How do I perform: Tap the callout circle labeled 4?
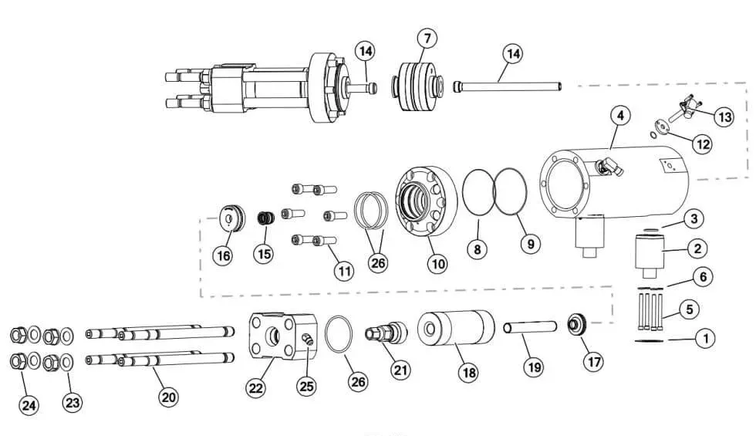[x=622, y=116]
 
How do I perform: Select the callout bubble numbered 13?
[x=723, y=117]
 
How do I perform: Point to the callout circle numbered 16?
[x=223, y=255]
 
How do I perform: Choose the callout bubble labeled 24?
[x=29, y=404]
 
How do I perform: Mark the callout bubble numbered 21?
[x=400, y=370]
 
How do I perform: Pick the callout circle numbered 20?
[x=168, y=397]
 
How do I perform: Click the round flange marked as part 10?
[x=427, y=203]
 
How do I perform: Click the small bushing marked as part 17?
[x=576, y=325]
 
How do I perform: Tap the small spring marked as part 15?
[x=265, y=218]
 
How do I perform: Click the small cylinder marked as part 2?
[x=648, y=252]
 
